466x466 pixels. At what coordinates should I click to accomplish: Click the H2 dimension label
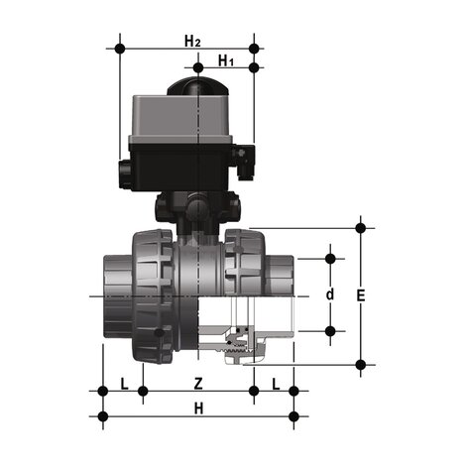[x=191, y=41]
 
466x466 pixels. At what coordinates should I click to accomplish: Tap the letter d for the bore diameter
[x=330, y=294]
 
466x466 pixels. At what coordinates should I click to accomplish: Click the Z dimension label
[x=198, y=382]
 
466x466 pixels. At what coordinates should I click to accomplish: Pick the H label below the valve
[x=198, y=408]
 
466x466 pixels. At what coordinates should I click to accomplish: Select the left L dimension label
[x=123, y=382]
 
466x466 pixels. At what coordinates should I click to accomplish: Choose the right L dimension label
[x=275, y=382]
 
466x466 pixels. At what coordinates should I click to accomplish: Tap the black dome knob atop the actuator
[x=195, y=87]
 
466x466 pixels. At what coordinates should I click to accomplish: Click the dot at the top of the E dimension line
[x=360, y=228]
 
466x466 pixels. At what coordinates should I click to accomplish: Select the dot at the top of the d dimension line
[x=330, y=258]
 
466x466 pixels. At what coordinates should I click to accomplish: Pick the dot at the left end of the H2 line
[x=120, y=48]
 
